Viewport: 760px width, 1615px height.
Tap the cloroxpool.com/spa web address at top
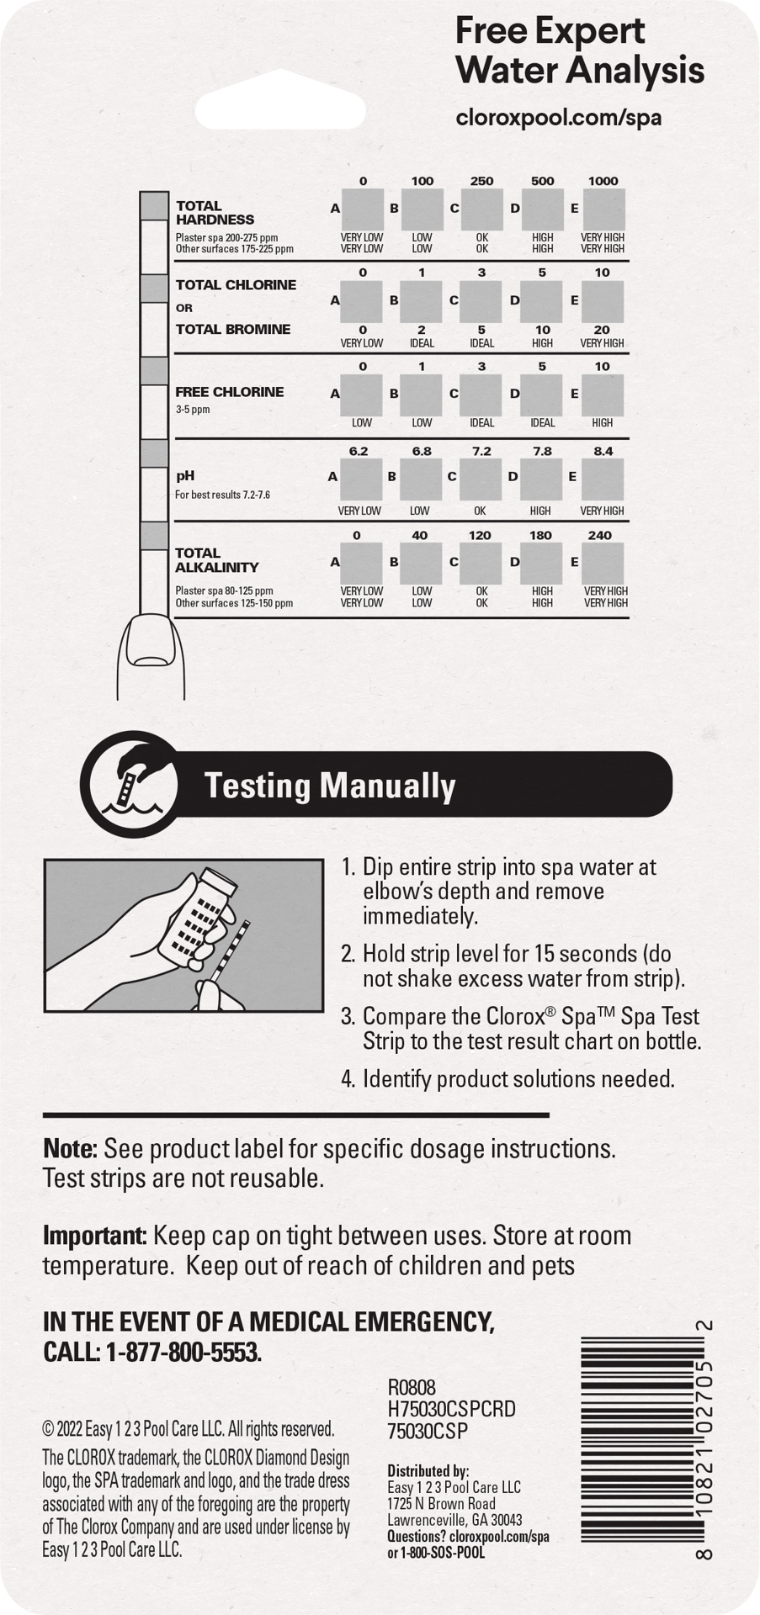tap(558, 117)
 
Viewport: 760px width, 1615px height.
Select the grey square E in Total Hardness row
tap(603, 209)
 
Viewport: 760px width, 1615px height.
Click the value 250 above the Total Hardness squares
tap(481, 181)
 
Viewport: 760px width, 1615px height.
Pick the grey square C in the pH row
tap(481, 479)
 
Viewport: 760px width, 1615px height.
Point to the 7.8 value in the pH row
tap(542, 452)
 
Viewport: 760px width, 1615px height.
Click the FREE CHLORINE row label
tap(229, 392)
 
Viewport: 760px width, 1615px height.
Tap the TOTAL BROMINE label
tap(232, 330)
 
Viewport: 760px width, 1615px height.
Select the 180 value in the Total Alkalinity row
tap(540, 536)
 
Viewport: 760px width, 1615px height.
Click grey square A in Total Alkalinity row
tap(362, 563)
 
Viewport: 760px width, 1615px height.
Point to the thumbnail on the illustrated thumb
tap(148, 645)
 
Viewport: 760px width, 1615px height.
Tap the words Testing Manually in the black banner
tap(330, 786)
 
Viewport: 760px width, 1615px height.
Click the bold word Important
tap(95, 1236)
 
